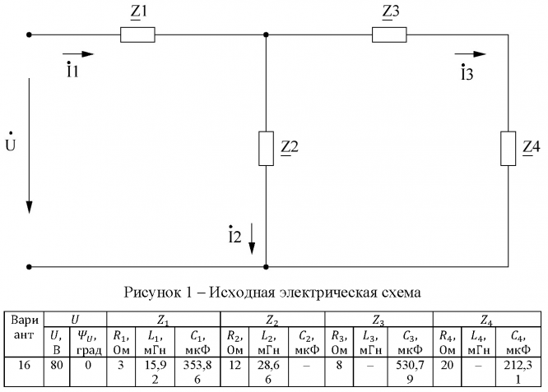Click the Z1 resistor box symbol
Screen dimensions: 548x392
tap(137, 35)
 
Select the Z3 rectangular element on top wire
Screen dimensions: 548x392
tap(389, 35)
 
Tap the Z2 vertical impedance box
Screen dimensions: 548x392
tap(266, 149)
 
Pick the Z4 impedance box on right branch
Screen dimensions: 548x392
tap(507, 149)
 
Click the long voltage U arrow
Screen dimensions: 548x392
tap(30, 145)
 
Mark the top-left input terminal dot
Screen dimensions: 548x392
tap(30, 35)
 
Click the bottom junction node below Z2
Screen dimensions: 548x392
tap(266, 267)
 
